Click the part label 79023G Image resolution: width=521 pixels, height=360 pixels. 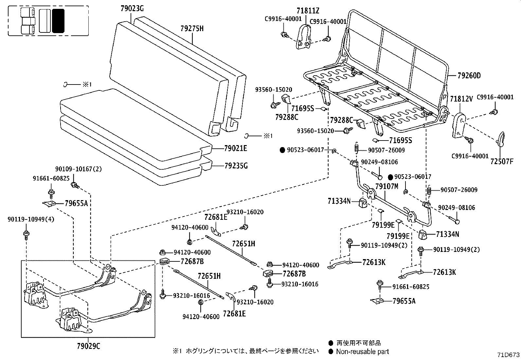click(x=132, y=9)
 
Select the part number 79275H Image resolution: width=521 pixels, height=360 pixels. click(x=192, y=28)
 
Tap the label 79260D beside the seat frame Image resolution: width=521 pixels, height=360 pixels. click(x=469, y=76)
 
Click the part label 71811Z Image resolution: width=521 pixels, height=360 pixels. click(x=308, y=11)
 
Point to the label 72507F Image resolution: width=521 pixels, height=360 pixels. click(x=502, y=161)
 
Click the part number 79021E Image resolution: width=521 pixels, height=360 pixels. click(x=235, y=149)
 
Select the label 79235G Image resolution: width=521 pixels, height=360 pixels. click(x=236, y=166)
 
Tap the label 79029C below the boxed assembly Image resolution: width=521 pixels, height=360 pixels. click(x=88, y=346)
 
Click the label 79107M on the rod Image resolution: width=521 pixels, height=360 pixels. click(x=386, y=186)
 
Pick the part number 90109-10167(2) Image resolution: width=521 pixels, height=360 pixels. click(x=79, y=169)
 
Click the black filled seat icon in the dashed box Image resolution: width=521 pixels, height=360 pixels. click(x=58, y=21)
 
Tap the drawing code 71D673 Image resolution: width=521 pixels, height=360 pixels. click(x=508, y=355)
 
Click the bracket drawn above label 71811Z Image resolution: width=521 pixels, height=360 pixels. click(x=304, y=38)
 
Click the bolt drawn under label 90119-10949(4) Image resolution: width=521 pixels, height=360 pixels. click(x=26, y=234)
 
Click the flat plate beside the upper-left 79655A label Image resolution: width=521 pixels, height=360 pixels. click(x=50, y=204)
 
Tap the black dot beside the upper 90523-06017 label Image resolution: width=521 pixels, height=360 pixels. click(x=282, y=150)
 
